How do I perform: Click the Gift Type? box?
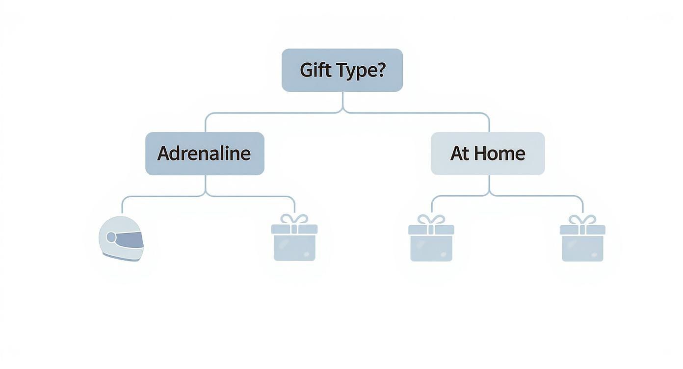342,70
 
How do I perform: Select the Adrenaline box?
205,154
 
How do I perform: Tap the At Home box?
488,154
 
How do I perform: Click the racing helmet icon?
121,238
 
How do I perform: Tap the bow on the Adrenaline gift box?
294,219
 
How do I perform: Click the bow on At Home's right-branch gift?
582,219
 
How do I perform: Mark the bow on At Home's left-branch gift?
431,219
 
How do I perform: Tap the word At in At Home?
460,154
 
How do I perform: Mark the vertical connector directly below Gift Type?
342,101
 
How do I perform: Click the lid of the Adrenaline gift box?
294,229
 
